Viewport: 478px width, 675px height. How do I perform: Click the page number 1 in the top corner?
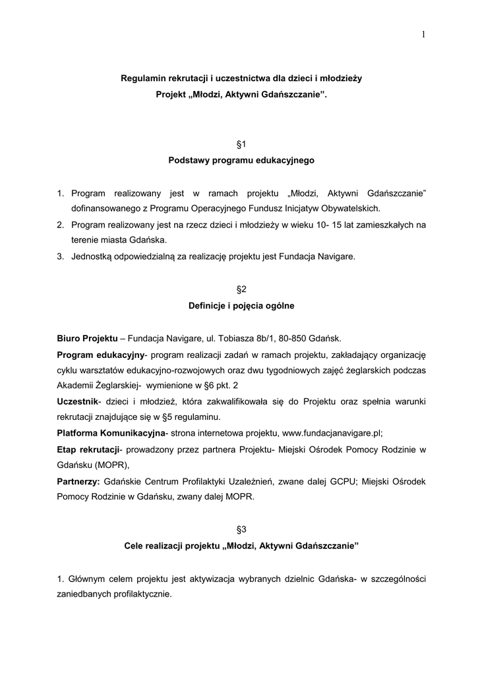(422, 35)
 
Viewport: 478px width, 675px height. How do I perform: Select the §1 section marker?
(241, 143)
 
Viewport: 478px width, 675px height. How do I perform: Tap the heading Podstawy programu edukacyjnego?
(241, 160)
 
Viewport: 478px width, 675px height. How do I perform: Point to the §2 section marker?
(241, 289)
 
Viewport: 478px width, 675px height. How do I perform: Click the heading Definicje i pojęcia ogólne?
(241, 306)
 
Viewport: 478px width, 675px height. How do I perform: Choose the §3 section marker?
(241, 529)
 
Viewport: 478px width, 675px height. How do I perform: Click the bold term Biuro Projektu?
(87, 338)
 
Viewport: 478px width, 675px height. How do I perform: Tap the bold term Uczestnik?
(77, 401)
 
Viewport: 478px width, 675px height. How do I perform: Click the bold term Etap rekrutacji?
(88, 450)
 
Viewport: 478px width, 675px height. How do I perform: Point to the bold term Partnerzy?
(78, 482)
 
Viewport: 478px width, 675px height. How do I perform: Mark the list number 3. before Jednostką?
(60, 257)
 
